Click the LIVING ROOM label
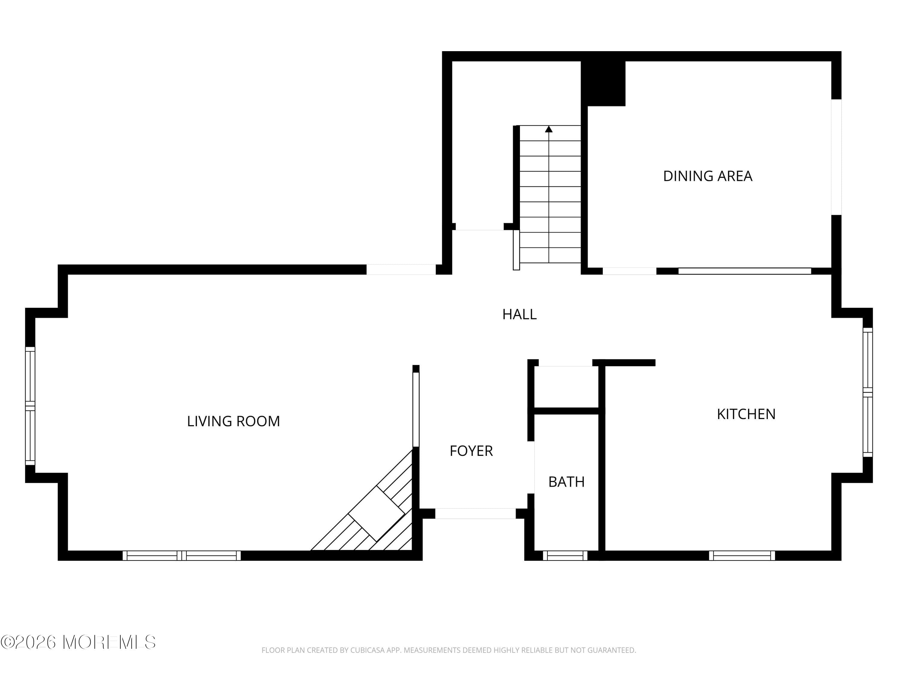233,421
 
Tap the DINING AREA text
708,176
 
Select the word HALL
519,314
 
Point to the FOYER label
471,451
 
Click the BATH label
566,482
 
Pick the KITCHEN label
746,414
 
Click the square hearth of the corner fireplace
376,513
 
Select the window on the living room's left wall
30,406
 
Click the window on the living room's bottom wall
181,555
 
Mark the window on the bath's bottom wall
565,555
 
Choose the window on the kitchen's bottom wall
742,555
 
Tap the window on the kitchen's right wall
867,392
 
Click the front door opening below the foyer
475,514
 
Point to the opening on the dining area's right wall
836,157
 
